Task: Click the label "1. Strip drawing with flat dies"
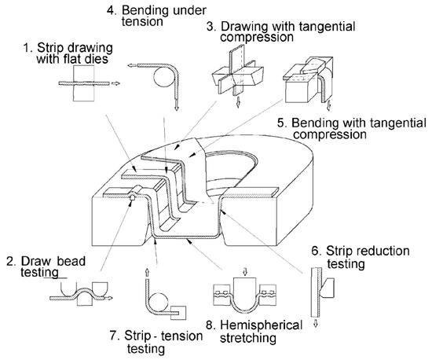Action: click(68, 53)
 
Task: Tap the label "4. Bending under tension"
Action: click(156, 16)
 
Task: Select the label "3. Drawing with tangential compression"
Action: click(281, 31)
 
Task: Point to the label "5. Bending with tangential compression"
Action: click(352, 128)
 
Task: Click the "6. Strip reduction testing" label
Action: click(361, 257)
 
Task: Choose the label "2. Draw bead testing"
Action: click(46, 266)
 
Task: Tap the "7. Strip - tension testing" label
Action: click(156, 342)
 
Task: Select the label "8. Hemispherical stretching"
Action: click(254, 332)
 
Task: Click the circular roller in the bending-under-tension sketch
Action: click(163, 78)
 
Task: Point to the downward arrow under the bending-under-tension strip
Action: click(177, 105)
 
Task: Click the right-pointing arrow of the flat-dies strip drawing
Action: click(115, 83)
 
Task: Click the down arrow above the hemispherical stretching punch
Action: click(245, 271)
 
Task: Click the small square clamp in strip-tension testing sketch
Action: click(178, 313)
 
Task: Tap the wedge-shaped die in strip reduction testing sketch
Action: click(327, 287)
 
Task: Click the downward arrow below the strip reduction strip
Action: click(316, 323)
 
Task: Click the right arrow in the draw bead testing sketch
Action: click(109, 298)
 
